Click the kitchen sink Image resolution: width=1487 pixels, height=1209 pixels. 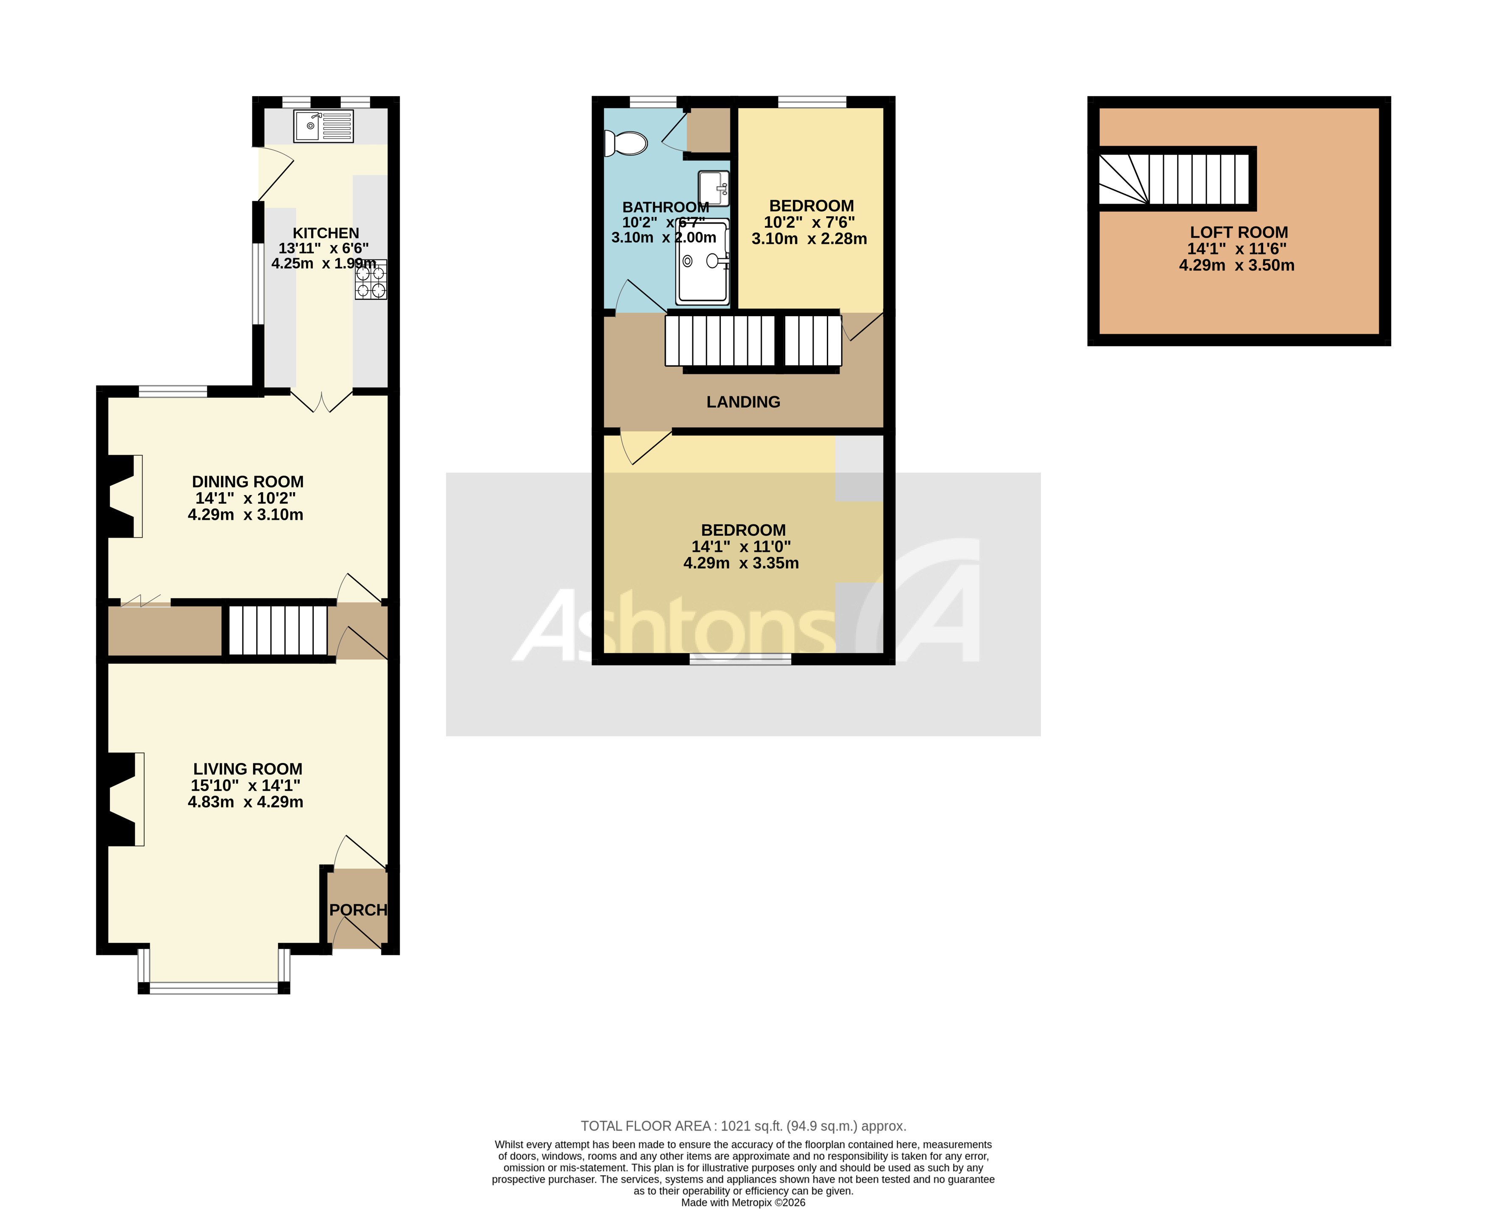coord(323,126)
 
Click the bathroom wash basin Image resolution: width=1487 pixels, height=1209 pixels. coord(714,188)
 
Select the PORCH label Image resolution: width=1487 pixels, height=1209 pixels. coord(358,910)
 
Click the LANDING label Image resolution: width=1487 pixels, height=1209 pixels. coord(743,402)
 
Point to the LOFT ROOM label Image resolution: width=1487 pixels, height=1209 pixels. coord(1239,233)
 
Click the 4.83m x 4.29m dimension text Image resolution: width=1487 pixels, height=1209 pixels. coord(245,802)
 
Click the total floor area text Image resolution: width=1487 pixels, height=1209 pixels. coord(743,1126)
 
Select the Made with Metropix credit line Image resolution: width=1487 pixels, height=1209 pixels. coord(743,1203)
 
